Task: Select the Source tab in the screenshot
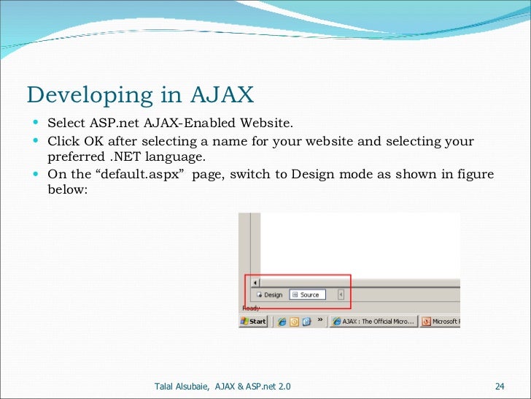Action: [x=306, y=294]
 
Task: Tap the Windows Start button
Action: [x=253, y=321]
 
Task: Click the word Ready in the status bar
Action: [x=250, y=308]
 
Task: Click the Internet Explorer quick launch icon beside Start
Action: [x=281, y=321]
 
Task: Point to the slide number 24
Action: [x=500, y=385]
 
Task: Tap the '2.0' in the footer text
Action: [x=290, y=385]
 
